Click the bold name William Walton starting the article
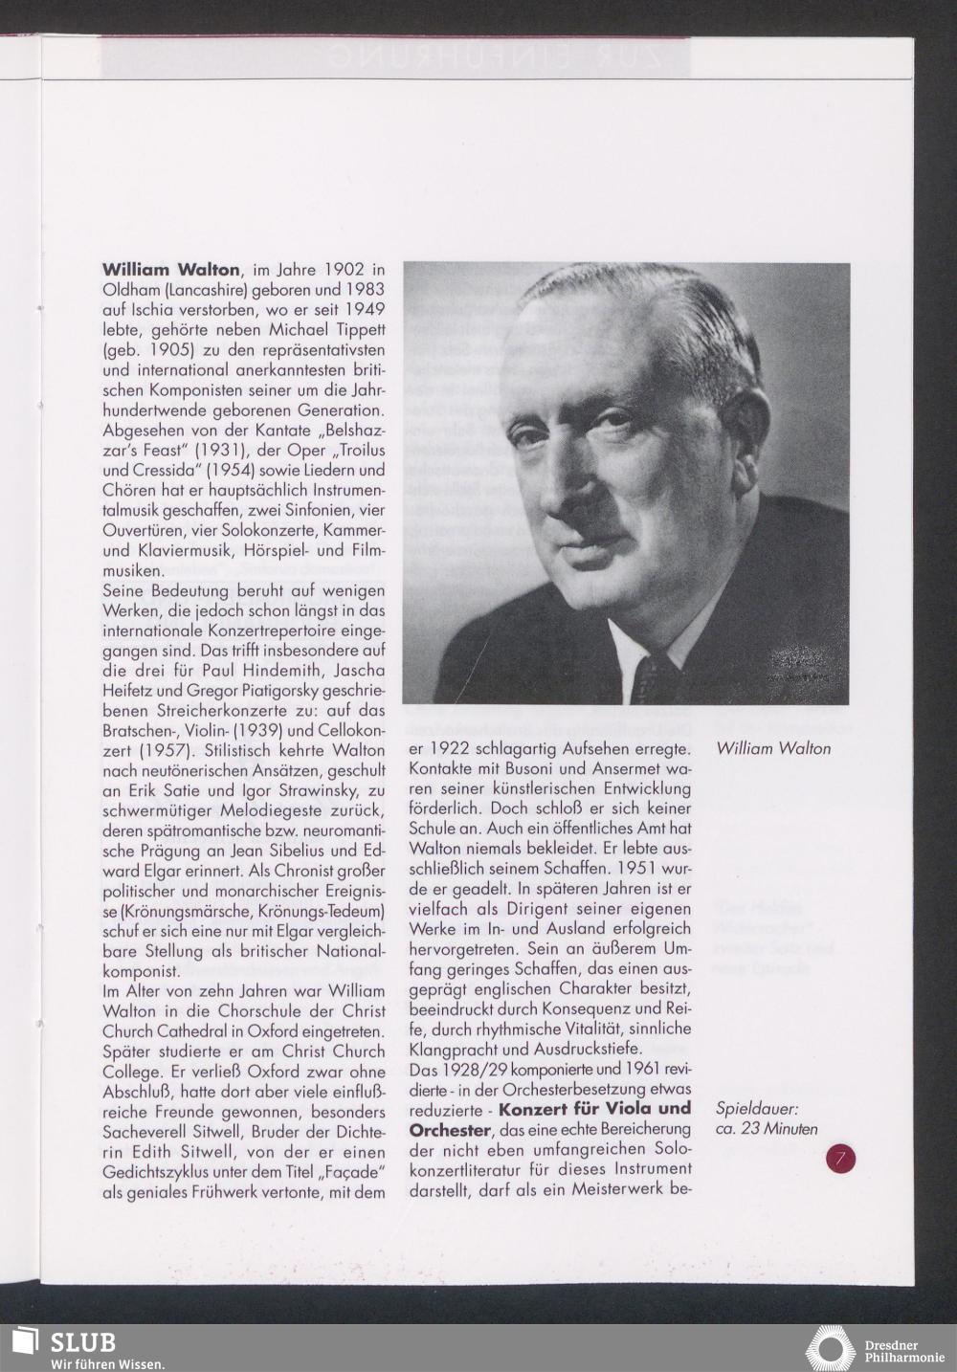(x=170, y=270)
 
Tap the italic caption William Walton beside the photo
(x=773, y=749)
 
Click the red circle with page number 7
(x=841, y=1160)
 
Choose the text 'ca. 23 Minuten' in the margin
(x=767, y=1129)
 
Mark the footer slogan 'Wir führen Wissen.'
(x=107, y=1362)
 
